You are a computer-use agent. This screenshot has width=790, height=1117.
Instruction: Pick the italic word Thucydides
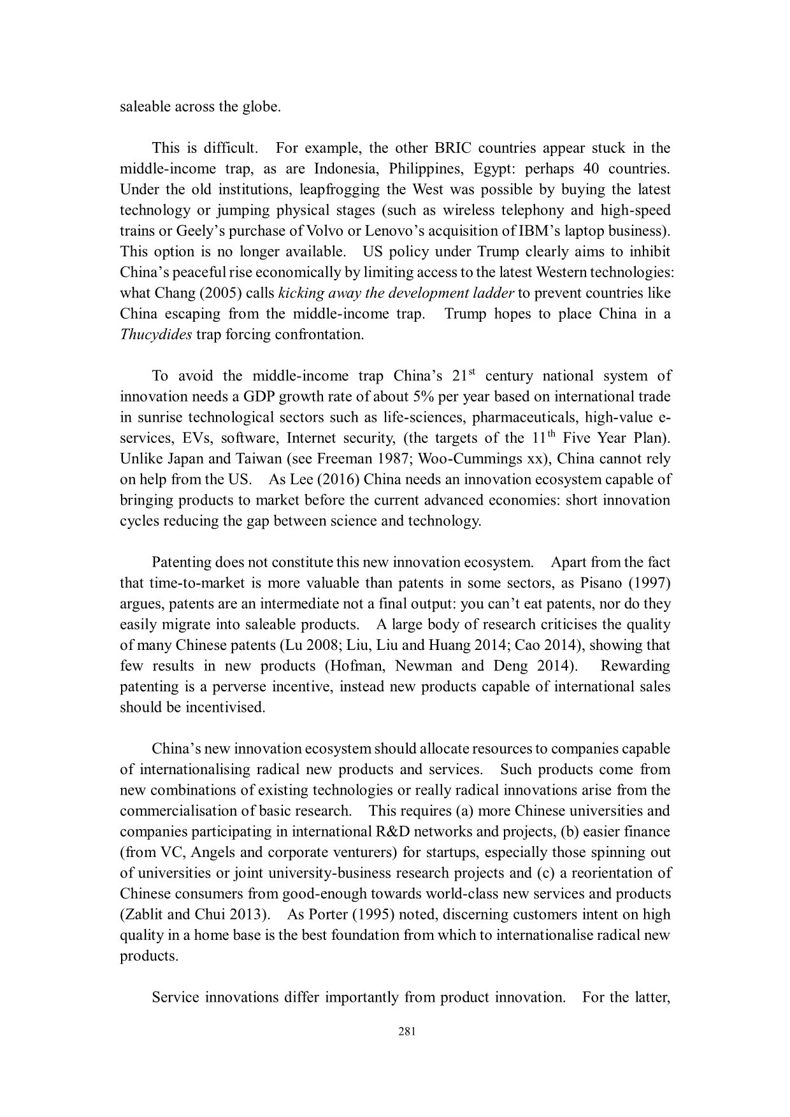(x=155, y=335)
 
